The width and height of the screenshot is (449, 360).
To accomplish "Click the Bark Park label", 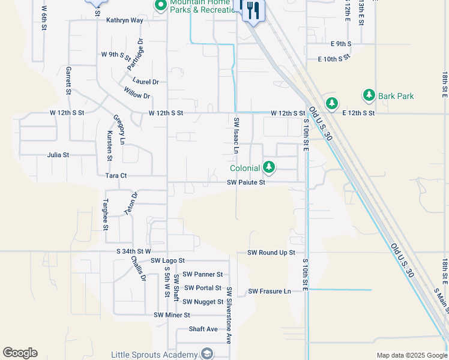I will click(x=396, y=96).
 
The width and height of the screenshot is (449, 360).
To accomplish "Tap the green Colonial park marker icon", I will click(x=270, y=167).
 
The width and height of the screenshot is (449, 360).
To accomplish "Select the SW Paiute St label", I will click(x=246, y=183).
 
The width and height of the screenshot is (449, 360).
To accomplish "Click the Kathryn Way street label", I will click(x=125, y=20).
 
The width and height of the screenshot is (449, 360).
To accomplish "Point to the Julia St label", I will click(x=58, y=155).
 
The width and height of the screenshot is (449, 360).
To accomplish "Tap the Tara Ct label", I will click(x=116, y=176).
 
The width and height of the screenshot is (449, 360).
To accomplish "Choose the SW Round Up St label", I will click(x=271, y=253).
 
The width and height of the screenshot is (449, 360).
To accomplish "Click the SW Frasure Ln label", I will click(x=270, y=292).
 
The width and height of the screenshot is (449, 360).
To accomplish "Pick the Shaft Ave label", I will click(x=203, y=329).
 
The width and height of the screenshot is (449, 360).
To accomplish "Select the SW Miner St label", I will click(x=172, y=315).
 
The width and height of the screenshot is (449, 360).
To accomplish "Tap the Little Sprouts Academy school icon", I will click(x=207, y=353).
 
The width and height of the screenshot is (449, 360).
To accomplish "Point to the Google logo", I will click(x=20, y=353).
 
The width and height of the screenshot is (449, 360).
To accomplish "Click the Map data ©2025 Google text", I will click(x=411, y=355).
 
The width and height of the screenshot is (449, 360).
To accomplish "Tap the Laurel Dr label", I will click(x=146, y=82).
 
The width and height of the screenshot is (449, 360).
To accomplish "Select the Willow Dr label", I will click(x=137, y=95).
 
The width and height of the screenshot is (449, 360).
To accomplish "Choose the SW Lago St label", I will click(x=168, y=261).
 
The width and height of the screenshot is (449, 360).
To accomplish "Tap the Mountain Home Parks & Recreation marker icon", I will click(x=160, y=6).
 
